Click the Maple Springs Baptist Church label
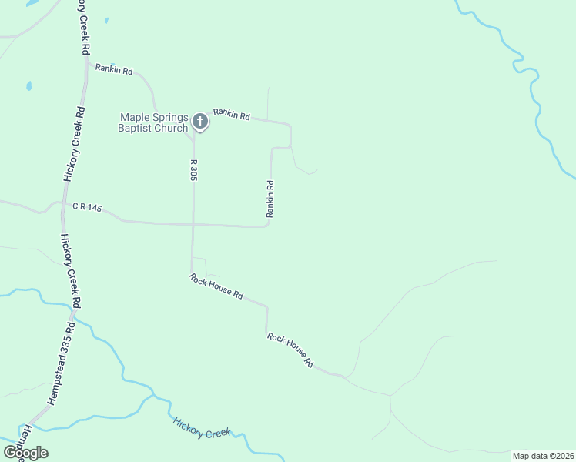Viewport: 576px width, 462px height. coord(152,122)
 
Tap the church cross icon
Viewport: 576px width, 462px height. coord(199,121)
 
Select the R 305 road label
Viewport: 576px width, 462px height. coord(193,170)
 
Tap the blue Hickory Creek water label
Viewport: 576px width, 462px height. coord(202,428)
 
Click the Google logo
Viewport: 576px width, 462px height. coord(25,452)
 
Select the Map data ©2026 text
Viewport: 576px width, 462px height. coord(543,455)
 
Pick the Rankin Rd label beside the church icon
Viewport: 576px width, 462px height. coord(232,115)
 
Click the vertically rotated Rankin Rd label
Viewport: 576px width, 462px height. coord(270,199)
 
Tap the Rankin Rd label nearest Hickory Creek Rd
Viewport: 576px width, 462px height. coord(114,69)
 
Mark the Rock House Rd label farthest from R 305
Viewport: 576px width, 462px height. coord(291,349)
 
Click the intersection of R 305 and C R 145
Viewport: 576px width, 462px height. coord(193,225)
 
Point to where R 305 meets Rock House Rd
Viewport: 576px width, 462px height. coord(191,273)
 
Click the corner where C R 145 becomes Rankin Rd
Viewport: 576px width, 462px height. coord(266,226)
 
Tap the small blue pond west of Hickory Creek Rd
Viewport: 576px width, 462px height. coord(28,85)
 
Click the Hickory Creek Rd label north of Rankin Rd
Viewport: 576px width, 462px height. coord(82,26)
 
